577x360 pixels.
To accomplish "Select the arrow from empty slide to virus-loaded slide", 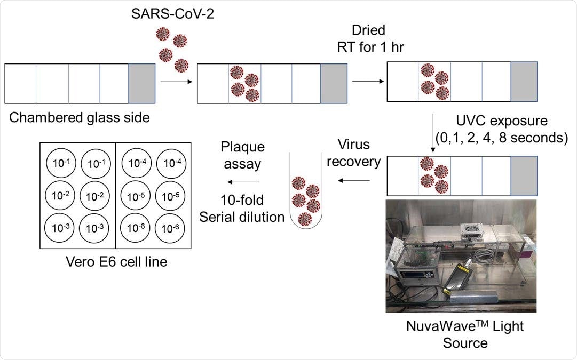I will coord(175,82).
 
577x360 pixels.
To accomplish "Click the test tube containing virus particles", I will coord(305,200).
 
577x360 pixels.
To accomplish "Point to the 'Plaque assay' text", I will coord(243,155).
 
